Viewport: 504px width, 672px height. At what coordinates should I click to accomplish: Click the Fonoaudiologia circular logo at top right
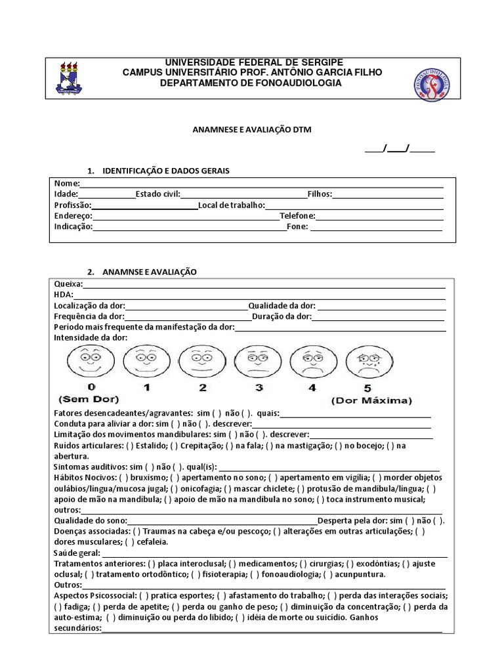(x=432, y=83)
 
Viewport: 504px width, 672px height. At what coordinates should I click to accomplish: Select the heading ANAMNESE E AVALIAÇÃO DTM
(x=251, y=130)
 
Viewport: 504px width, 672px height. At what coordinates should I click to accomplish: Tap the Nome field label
(x=66, y=183)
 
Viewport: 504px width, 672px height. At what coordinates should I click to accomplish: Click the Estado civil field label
(x=157, y=194)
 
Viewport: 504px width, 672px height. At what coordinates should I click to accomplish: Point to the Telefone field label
(x=297, y=216)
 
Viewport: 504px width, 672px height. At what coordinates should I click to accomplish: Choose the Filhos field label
(x=320, y=194)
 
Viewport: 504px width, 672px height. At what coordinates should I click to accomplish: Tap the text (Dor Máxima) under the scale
(x=371, y=400)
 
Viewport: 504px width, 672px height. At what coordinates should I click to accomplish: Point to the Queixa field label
(x=68, y=283)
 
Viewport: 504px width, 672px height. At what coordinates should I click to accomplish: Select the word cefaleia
(x=152, y=542)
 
